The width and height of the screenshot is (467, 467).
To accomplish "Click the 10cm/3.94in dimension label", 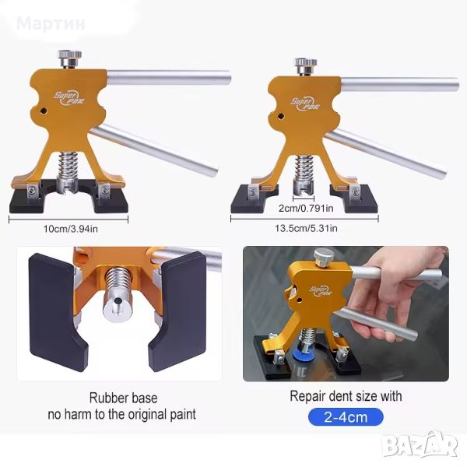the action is click(71, 229).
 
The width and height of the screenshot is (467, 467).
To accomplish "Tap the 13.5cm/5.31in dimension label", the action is click(306, 228).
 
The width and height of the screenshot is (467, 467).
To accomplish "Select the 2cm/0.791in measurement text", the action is click(306, 208).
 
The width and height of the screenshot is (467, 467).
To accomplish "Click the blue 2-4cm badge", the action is click(346, 417).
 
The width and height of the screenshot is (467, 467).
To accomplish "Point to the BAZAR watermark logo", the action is click(420, 444).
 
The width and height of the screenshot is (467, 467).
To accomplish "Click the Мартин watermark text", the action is click(51, 23).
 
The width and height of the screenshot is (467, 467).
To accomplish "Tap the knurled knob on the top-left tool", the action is click(70, 58).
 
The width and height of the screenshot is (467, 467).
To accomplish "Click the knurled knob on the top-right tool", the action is click(306, 65).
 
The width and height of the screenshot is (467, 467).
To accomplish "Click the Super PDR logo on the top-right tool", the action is click(305, 104).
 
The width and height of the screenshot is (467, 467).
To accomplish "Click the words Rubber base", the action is click(123, 398).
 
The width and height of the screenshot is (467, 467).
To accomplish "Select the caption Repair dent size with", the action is click(346, 396).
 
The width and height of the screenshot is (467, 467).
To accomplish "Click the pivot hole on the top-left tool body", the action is click(44, 111).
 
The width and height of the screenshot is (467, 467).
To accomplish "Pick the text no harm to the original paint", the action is click(122, 414).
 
